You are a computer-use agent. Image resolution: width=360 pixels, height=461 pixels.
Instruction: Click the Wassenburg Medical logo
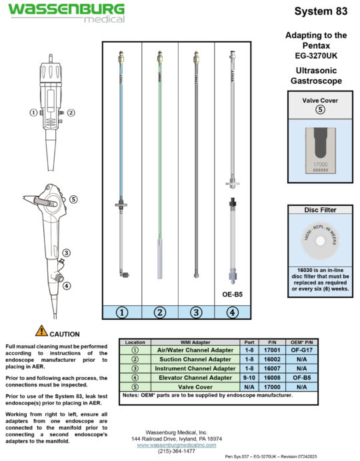click(x=65, y=12)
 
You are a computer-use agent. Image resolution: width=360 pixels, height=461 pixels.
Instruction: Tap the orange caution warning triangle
click(x=41, y=331)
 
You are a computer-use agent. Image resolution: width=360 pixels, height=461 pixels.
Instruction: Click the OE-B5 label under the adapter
click(x=231, y=292)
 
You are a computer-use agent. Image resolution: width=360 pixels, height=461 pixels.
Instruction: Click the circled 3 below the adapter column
click(x=196, y=311)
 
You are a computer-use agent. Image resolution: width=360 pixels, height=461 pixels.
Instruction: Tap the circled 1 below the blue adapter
click(x=121, y=311)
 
